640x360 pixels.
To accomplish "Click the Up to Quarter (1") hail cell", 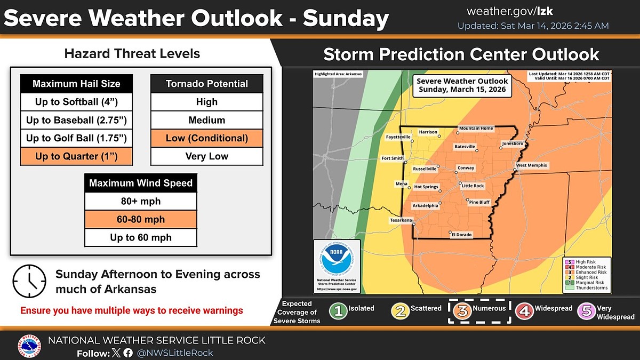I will (x=76, y=156).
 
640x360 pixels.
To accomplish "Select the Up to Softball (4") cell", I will (x=76, y=102).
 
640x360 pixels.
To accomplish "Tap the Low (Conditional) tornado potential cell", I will (x=207, y=138).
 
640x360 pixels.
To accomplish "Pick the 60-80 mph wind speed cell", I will (x=141, y=219).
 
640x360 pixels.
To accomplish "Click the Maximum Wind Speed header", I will (x=141, y=183).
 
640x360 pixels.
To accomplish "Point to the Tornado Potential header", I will (x=207, y=84).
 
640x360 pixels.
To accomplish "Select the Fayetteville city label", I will (x=398, y=137).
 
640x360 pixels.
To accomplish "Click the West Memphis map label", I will (x=532, y=165).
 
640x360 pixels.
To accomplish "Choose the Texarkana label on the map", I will (x=400, y=220).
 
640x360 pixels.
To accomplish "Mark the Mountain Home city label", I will (x=476, y=129).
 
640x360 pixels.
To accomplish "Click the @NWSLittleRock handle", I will (x=176, y=353).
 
